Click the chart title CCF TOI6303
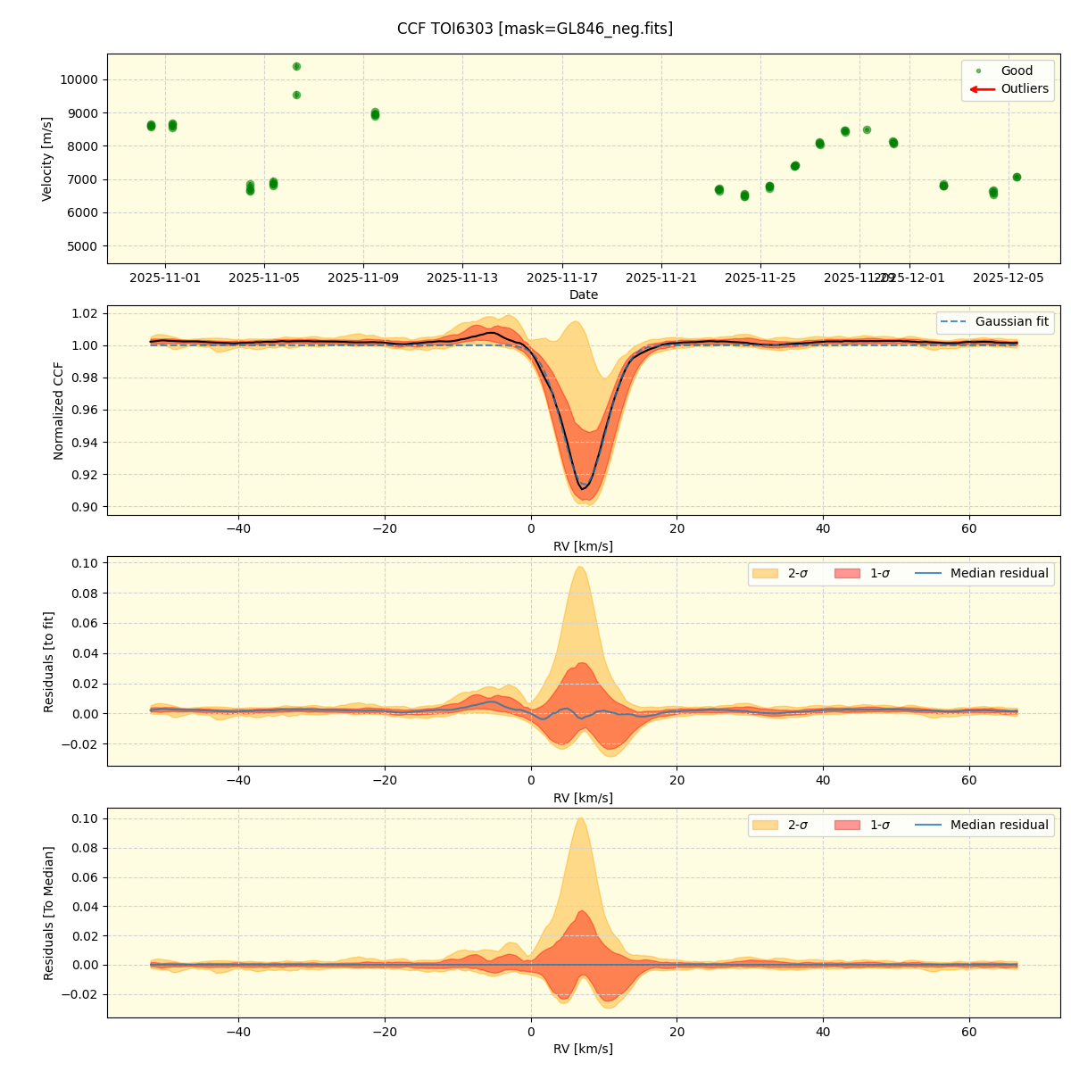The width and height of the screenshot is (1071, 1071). pyautogui.click(x=535, y=29)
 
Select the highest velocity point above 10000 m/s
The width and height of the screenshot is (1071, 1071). pyautogui.click(x=296, y=66)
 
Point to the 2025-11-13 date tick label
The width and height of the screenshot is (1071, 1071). pyautogui.click(x=462, y=278)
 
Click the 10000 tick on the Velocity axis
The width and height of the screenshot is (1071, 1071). pyautogui.click(x=79, y=79)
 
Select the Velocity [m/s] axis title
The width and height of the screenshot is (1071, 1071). pyautogui.click(x=47, y=159)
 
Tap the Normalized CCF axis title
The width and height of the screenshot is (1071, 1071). pyautogui.click(x=59, y=411)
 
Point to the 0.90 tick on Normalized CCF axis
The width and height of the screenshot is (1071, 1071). pyautogui.click(x=85, y=507)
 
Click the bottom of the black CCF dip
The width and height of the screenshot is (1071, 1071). pyautogui.click(x=583, y=488)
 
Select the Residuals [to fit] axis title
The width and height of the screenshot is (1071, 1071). pyautogui.click(x=49, y=661)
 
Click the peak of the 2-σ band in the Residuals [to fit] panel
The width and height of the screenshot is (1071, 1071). pyautogui.click(x=580, y=568)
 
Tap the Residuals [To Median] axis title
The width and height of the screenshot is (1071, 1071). pyautogui.click(x=49, y=913)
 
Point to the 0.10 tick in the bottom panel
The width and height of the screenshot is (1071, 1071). pyautogui.click(x=85, y=818)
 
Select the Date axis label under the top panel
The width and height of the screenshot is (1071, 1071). pyautogui.click(x=584, y=295)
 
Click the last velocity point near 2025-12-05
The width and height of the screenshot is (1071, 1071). pyautogui.click(x=1017, y=177)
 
